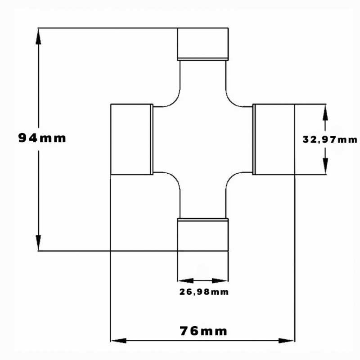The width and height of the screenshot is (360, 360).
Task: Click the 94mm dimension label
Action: pos(42,139)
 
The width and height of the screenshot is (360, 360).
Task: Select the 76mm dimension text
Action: pos(203,331)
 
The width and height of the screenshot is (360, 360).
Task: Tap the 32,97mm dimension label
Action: pos(330,139)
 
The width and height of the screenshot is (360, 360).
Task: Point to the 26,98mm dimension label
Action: pos(204,292)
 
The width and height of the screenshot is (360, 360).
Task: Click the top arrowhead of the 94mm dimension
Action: pos(39,36)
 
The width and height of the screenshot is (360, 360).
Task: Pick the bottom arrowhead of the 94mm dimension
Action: pos(38,243)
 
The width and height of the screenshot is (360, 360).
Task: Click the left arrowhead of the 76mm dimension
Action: pos(118,341)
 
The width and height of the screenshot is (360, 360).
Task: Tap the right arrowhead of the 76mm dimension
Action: pos(287,341)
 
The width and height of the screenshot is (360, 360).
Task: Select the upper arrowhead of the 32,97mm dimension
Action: pos(325,112)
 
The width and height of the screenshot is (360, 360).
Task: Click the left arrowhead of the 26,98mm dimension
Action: pos(186,280)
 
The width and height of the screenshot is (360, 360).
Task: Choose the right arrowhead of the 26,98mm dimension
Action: pos(220,280)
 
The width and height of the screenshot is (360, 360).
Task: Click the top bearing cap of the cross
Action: pos(203,44)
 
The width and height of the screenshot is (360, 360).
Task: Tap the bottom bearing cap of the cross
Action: pos(203,234)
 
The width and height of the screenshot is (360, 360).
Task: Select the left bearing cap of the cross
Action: pos(132,139)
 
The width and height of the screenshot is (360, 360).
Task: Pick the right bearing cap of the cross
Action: pos(274,139)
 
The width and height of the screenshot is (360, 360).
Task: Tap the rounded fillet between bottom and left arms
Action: pos(175,177)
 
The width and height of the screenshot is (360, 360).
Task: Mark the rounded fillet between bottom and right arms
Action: pos(231,177)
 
